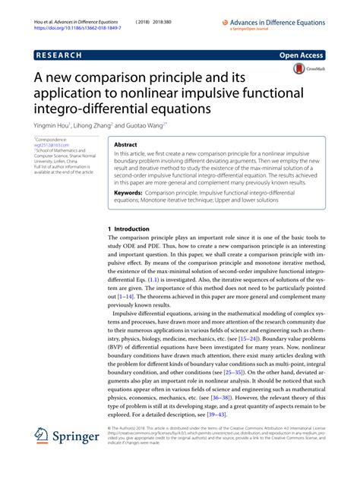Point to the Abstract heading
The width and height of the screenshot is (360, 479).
coord(126,143)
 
